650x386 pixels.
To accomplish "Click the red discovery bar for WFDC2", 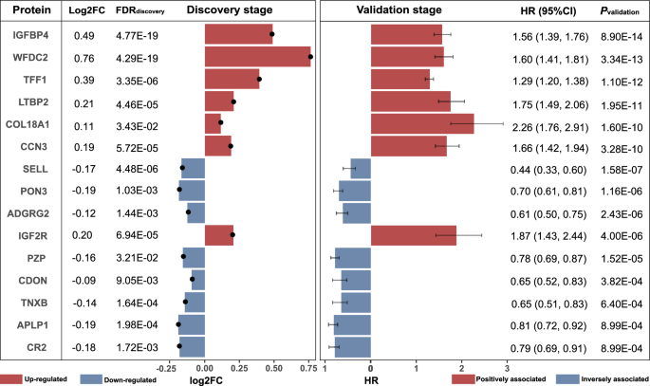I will (x=257, y=57).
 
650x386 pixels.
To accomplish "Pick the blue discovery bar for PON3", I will (x=192, y=191).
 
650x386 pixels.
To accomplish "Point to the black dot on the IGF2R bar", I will (x=232, y=234).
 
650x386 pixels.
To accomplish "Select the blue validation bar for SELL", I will (x=361, y=169).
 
